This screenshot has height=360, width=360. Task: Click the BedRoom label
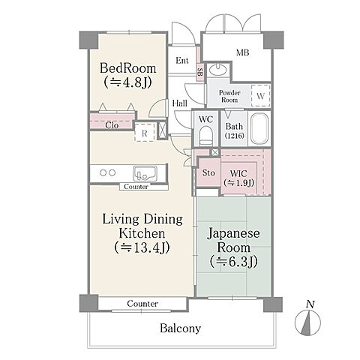pyautogui.click(x=127, y=68)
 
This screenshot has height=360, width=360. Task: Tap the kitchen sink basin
pyautogui.click(x=145, y=173)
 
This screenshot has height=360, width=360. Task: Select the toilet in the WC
pyautogui.click(x=206, y=136)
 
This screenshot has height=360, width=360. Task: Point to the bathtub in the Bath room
pyautogui.click(x=259, y=129)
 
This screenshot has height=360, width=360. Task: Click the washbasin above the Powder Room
pyautogui.click(x=218, y=70)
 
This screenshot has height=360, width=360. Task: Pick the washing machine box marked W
pyautogui.click(x=260, y=96)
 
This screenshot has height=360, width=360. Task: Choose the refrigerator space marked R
pyautogui.click(x=145, y=133)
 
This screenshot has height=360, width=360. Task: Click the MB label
pyautogui.click(x=242, y=52)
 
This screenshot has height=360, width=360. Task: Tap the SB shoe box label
pyautogui.click(x=200, y=73)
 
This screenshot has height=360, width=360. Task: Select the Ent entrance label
pyautogui.click(x=182, y=61)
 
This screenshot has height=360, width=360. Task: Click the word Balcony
pyautogui.click(x=180, y=328)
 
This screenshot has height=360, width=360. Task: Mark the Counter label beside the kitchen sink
pyautogui.click(x=136, y=187)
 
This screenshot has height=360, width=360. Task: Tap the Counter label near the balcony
pyautogui.click(x=142, y=304)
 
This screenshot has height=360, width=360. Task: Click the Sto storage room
pyautogui.click(x=208, y=172)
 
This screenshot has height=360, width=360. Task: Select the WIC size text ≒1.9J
pyautogui.click(x=239, y=183)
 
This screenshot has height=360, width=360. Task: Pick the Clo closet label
pyautogui.click(x=112, y=125)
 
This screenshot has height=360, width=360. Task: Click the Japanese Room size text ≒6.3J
pyautogui.click(x=233, y=262)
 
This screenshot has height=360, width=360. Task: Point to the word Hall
pyautogui.click(x=180, y=103)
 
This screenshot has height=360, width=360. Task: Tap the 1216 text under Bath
pyautogui.click(x=234, y=136)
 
